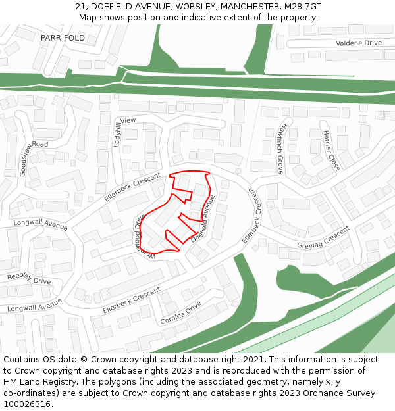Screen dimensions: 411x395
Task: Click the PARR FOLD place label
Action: coord(63,38)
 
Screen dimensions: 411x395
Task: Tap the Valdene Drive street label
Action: coord(358,43)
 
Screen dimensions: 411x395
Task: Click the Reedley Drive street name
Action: coord(29,278)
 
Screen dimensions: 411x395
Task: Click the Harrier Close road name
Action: coord(331,151)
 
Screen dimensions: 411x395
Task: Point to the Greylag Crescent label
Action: coord(323,238)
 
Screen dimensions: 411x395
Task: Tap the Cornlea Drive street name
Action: coord(180,313)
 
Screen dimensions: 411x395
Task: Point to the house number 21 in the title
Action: coord(80,7)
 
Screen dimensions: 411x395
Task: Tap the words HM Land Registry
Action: coord(33,382)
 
